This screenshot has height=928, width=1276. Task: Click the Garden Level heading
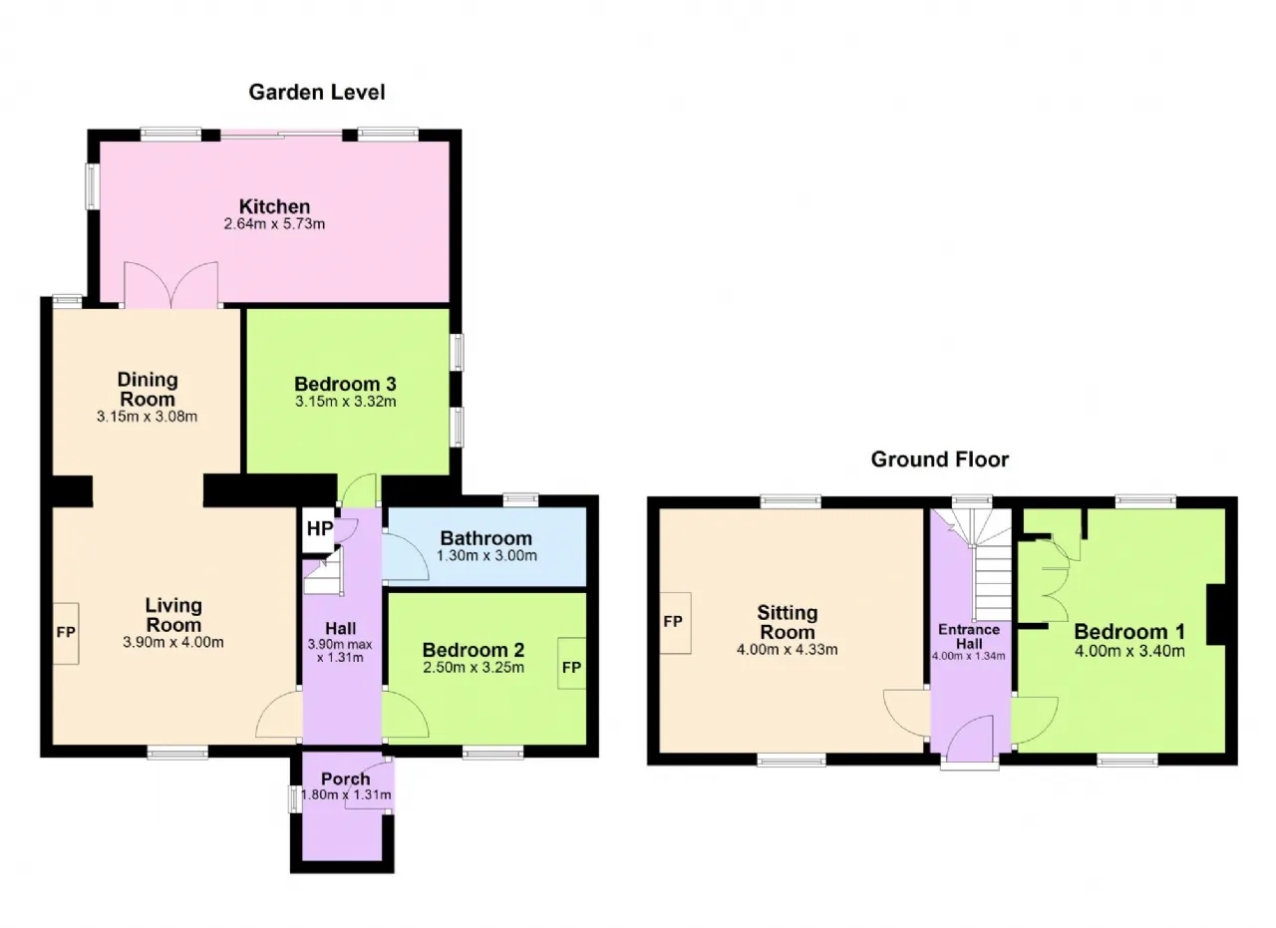pos(317,93)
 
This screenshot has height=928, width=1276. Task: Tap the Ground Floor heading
pos(939,460)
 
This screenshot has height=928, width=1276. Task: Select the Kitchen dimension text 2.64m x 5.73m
pos(274,224)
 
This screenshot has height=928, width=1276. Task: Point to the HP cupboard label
pos(320,528)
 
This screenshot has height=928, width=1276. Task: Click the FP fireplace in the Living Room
pos(66,633)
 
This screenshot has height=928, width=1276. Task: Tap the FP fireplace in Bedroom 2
pos(572,667)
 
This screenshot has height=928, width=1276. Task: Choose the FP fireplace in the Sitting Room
pos(675,622)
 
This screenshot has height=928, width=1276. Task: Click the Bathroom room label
pos(485,538)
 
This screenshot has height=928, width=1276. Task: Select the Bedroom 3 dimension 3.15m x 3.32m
pos(346,402)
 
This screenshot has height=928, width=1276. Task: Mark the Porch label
pos(346,778)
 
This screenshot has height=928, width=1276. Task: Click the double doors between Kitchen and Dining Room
pos(170,285)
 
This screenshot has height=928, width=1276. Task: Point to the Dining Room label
pos(148,389)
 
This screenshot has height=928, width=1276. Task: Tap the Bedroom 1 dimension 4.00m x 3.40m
pos(1129,651)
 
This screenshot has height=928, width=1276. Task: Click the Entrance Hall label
pos(969,636)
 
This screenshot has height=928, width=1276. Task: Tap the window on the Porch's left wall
pos(294,798)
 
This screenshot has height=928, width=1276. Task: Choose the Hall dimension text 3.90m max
pos(340,645)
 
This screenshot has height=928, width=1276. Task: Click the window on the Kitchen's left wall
pos(92,186)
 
